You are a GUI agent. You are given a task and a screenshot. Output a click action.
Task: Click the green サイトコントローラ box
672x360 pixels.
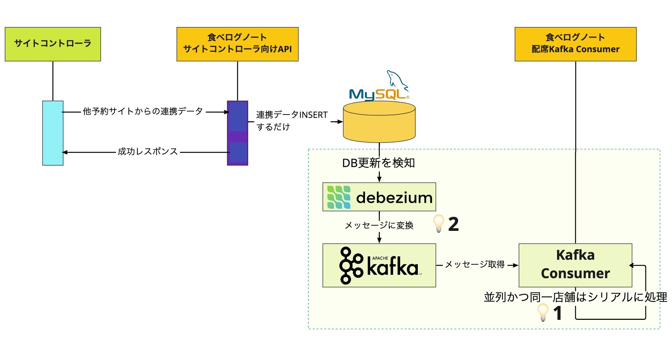coord(53,44)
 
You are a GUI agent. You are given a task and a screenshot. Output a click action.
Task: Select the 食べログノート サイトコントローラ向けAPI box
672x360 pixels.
coord(237,44)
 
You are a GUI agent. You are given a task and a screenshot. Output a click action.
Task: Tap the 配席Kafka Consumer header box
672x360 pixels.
coord(575,44)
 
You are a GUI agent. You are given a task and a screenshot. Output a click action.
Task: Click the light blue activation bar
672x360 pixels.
coord(53,133)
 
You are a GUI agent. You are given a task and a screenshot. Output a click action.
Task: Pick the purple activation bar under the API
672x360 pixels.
coord(237,133)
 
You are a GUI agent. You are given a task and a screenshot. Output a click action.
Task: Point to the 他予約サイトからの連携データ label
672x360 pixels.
coord(143,111)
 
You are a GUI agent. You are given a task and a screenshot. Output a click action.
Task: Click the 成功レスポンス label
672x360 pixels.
coord(148,152)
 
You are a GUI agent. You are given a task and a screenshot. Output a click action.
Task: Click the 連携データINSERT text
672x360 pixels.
coord(292,115)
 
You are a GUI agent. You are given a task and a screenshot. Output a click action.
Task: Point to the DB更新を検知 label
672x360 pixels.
coord(378,163)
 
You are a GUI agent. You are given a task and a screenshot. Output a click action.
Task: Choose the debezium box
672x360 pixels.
coord(379,197)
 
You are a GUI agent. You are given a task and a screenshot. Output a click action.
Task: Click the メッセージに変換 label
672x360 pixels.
coord(379,225)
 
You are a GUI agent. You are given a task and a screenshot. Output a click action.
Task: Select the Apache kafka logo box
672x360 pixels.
coord(379,265)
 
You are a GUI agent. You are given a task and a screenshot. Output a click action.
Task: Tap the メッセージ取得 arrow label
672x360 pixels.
coord(475,265)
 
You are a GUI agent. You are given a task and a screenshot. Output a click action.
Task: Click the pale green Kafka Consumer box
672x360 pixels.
coord(575,265)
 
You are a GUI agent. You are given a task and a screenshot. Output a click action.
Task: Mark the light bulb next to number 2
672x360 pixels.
coord(438,223)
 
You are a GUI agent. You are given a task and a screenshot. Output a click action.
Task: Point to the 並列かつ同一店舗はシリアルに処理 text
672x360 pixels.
coord(575,297)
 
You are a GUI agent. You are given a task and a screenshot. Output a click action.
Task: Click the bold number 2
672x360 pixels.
coord(454,224)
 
